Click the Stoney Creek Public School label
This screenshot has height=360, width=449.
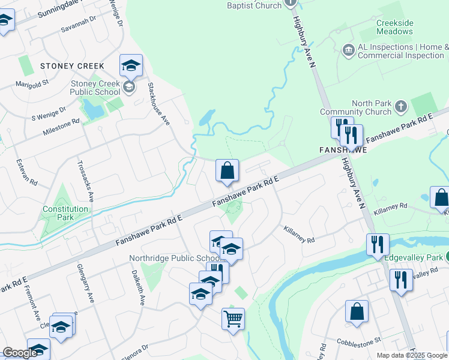coord(95,88)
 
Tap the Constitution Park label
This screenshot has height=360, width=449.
coord(65,213)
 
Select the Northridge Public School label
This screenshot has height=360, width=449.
coord(169,259)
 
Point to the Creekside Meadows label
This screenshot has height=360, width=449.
coord(394,27)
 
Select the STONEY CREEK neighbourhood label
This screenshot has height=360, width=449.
coord(73,66)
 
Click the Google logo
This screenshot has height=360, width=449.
coord(20,353)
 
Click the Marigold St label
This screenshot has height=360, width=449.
coord(32,84)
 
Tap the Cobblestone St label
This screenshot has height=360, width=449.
coord(361,340)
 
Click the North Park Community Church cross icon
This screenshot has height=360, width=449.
coord(402,107)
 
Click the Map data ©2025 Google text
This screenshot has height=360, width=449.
coord(412,355)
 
